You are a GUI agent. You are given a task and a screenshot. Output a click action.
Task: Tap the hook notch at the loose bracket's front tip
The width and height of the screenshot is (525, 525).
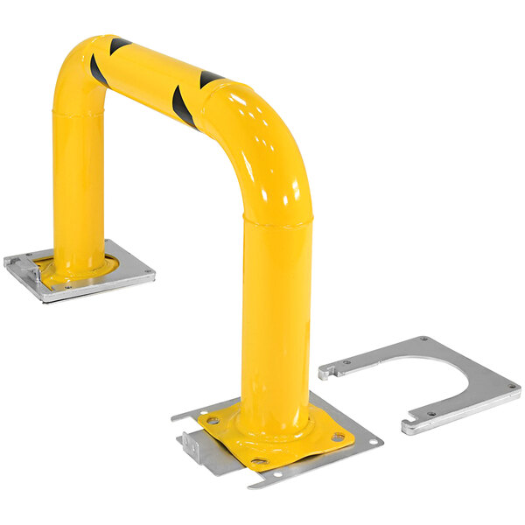409,427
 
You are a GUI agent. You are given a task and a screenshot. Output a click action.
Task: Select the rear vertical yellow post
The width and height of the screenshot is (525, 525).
79,192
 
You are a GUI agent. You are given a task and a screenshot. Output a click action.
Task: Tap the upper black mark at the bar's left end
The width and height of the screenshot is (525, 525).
118,45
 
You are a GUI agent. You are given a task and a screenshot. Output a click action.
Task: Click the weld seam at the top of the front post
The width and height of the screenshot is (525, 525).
276,223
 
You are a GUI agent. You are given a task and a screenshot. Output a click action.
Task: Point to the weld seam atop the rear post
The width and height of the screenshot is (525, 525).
79,112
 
